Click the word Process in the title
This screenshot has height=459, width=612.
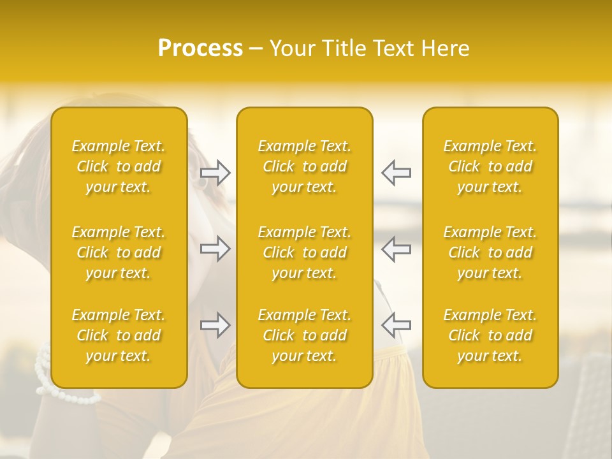pyautogui.click(x=200, y=48)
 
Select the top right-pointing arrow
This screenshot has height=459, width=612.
pyautogui.click(x=215, y=173)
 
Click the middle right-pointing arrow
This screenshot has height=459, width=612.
pyautogui.click(x=215, y=249)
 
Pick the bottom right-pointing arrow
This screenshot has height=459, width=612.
pyautogui.click(x=215, y=325)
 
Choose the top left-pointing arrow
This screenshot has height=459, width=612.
pyautogui.click(x=396, y=173)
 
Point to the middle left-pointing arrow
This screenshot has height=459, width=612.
pyautogui.click(x=396, y=249)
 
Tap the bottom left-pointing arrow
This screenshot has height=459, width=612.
pyautogui.click(x=396, y=325)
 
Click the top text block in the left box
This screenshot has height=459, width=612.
pyautogui.click(x=119, y=166)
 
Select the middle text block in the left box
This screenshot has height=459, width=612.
pyautogui.click(x=119, y=252)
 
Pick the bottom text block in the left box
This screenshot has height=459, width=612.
pyautogui.click(x=119, y=335)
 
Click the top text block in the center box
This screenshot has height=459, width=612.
pyautogui.click(x=304, y=166)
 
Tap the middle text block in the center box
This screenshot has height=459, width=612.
pyautogui.click(x=304, y=252)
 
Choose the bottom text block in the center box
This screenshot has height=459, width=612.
pyautogui.click(x=304, y=335)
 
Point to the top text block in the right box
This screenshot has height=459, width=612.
pyautogui.click(x=490, y=166)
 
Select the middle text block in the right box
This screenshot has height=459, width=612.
pyautogui.click(x=490, y=252)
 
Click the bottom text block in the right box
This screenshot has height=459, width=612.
pyautogui.click(x=490, y=335)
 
